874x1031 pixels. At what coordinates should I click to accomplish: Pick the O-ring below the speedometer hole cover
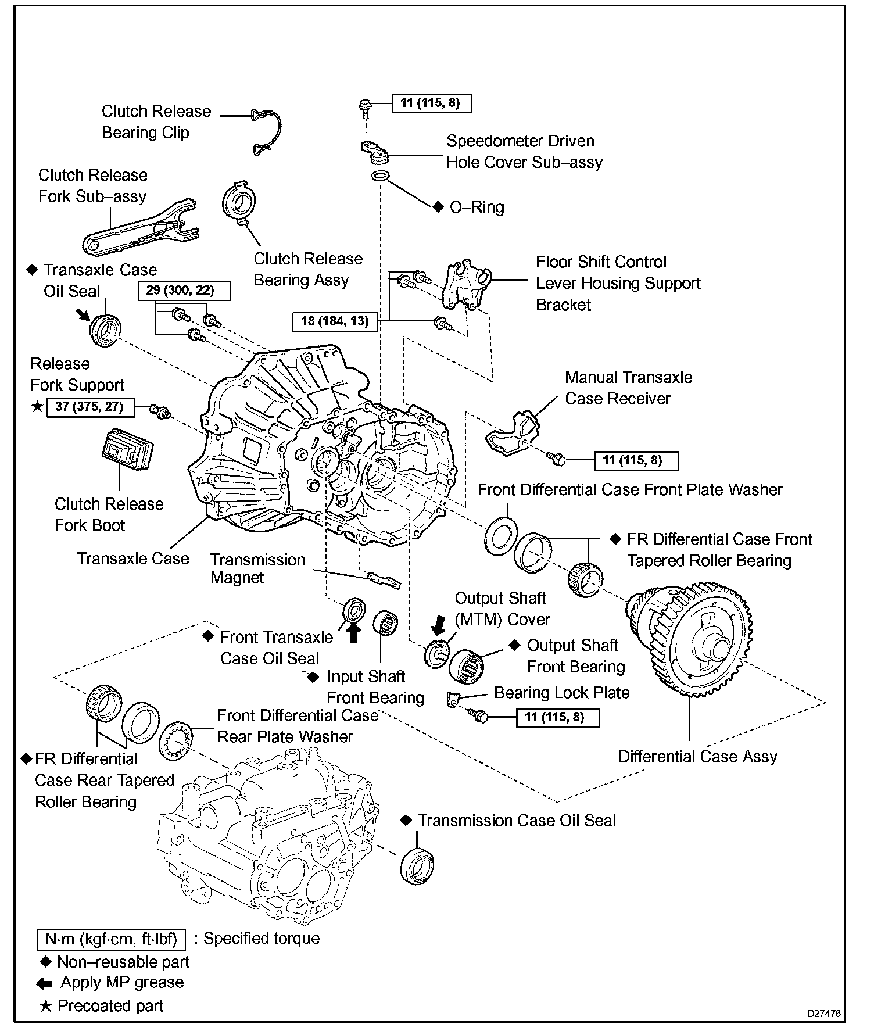(379, 176)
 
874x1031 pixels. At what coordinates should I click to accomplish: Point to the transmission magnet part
(384, 579)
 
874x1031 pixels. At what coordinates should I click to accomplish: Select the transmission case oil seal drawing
(417, 866)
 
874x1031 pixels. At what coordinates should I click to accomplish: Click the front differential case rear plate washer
(175, 742)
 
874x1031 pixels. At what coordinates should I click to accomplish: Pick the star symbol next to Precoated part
(45, 1006)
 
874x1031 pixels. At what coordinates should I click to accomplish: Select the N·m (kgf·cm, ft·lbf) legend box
(110, 939)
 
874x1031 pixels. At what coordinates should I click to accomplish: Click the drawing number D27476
(823, 1014)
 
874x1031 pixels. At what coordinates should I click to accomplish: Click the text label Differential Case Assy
(697, 756)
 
